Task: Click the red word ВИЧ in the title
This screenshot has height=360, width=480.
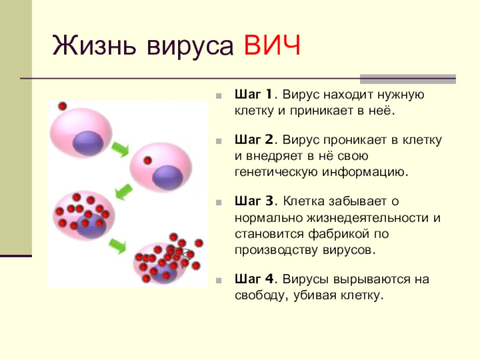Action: (x=272, y=45)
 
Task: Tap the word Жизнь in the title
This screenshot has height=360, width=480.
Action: (x=94, y=45)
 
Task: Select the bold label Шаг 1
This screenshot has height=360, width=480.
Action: (x=253, y=94)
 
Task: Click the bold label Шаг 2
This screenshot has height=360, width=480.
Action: (x=254, y=140)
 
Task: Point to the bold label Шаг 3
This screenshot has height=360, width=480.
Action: (x=254, y=202)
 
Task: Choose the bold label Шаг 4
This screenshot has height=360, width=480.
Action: (x=254, y=279)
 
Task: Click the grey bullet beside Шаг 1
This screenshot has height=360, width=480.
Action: (x=218, y=96)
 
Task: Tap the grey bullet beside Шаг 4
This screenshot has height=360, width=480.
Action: (x=218, y=280)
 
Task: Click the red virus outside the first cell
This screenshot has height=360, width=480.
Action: (x=62, y=106)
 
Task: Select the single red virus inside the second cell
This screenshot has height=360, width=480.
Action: (x=148, y=160)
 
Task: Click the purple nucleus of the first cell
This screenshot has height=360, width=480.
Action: (x=88, y=143)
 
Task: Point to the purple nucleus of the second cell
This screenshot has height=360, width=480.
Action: (x=167, y=178)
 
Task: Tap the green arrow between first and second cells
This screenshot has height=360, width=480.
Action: (x=120, y=149)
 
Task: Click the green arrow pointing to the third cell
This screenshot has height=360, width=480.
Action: (x=124, y=192)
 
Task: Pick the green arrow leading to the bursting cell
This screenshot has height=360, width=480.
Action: (x=118, y=245)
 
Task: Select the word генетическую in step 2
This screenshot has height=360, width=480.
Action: (x=276, y=172)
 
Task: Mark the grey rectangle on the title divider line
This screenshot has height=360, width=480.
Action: (x=408, y=79)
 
